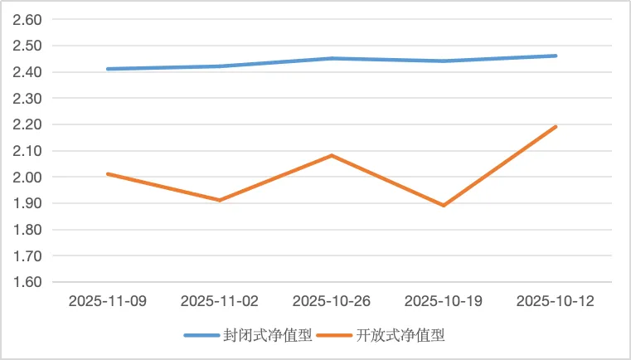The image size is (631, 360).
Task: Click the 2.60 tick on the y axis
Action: point(28,19)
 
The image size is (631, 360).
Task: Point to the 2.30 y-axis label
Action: point(28,98)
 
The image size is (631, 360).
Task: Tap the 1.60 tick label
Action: point(28,282)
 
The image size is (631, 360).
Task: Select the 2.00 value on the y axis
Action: point(28,177)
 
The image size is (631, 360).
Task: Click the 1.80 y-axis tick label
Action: point(28,230)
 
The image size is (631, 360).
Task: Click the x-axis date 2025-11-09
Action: point(108,300)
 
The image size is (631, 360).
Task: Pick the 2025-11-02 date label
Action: point(220,300)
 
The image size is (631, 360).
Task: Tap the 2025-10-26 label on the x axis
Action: point(332,300)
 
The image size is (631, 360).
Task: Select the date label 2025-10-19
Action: point(444,300)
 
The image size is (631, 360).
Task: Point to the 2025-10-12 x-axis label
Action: point(556,300)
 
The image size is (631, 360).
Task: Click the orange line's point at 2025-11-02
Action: point(220,200)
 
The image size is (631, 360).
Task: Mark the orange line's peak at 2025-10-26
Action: point(332,155)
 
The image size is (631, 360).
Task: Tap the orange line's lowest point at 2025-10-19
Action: point(444,205)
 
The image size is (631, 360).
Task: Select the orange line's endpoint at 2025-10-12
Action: point(556,126)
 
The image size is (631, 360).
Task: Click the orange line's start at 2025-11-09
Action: point(108,173)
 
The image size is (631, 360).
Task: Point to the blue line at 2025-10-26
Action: point(332,58)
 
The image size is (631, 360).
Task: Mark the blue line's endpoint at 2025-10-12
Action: point(556,56)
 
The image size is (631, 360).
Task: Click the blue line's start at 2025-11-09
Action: point(108,69)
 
